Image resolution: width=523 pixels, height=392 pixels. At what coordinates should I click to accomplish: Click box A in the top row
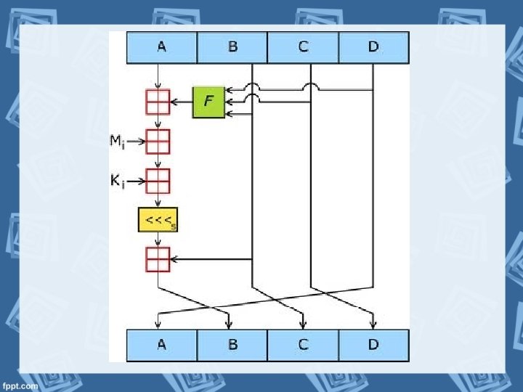click(x=161, y=47)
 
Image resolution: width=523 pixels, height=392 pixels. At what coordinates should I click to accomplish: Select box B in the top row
click(x=232, y=47)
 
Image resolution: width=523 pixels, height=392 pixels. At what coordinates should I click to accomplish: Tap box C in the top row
click(x=303, y=47)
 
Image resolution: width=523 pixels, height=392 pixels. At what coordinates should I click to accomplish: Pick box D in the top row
click(x=373, y=47)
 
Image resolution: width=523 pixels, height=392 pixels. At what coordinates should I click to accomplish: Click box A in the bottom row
click(x=161, y=345)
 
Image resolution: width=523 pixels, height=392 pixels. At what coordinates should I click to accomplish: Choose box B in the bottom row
click(x=232, y=345)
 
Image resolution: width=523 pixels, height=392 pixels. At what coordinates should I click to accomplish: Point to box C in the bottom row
click(x=303, y=345)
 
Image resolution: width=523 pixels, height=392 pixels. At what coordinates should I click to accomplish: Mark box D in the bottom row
click(x=373, y=345)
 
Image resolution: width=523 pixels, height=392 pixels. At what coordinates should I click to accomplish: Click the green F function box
click(x=208, y=102)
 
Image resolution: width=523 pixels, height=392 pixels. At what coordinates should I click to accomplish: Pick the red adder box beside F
click(x=158, y=102)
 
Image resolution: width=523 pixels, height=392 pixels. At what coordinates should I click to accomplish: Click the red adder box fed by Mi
click(x=158, y=141)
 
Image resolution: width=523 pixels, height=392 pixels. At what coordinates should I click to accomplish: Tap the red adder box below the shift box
click(x=158, y=259)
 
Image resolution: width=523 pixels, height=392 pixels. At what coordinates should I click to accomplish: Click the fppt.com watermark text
click(x=20, y=386)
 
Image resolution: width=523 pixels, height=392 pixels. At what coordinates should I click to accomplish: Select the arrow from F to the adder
click(x=181, y=102)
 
